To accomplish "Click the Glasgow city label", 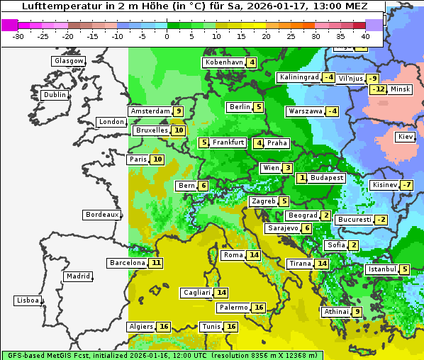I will click(69, 61).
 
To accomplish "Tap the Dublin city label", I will click(55, 95).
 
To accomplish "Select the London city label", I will click(111, 122).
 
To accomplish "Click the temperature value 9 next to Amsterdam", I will click(179, 111).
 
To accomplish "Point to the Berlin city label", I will click(240, 107).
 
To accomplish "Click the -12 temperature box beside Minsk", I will click(379, 89).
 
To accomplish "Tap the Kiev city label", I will click(406, 137).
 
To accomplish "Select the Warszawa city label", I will click(304, 111).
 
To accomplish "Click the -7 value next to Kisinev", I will click(406, 185).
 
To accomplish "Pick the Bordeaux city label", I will click(102, 215).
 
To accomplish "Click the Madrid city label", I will click(78, 276).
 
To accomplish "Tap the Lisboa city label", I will click(28, 300).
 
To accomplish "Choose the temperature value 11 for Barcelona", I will click(156, 263).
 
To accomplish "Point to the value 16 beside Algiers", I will click(164, 327).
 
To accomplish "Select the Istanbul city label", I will click(381, 269).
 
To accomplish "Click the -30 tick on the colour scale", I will click(18, 35).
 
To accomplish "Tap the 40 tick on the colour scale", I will click(365, 35).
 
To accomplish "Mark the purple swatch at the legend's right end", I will click(374, 25).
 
